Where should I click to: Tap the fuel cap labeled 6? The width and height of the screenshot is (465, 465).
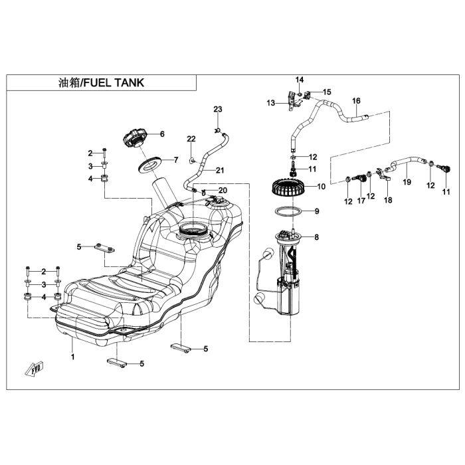[136, 140]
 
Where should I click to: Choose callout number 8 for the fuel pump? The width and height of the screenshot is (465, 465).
[316, 237]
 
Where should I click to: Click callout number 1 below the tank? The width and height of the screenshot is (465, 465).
[73, 357]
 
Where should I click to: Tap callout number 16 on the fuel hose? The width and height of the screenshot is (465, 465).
[356, 101]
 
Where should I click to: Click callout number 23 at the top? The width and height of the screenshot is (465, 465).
[218, 109]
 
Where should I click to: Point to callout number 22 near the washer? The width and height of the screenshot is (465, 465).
[191, 139]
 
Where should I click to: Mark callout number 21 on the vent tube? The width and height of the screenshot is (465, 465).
[220, 170]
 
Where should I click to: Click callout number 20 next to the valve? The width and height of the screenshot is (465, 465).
[222, 191]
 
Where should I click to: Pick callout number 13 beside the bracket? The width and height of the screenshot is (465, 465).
[271, 103]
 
